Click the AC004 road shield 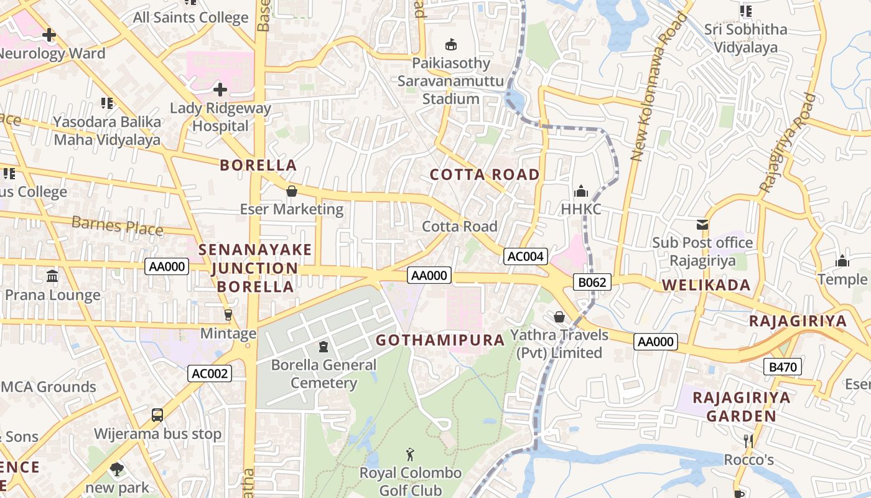(526, 256)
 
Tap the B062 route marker (592, 283)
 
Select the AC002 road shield (210, 374)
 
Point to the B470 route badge (783, 367)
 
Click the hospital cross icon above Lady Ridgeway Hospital (220, 90)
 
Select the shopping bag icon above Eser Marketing (291, 190)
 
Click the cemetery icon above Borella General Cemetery (323, 346)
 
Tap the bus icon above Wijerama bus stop (157, 415)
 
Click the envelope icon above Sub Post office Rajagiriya (702, 224)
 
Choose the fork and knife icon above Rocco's (748, 441)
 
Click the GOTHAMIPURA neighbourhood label (440, 340)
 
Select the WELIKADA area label (706, 285)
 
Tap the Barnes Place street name (117, 225)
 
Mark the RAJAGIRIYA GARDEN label (742, 406)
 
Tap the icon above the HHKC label (581, 190)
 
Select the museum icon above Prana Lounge (52, 276)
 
